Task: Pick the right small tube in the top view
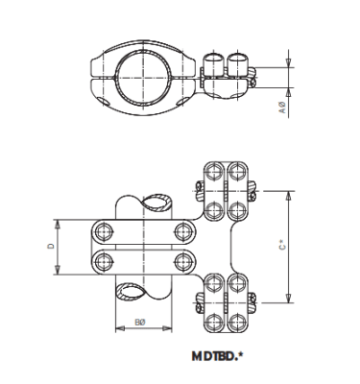233,65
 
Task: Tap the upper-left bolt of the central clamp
102,230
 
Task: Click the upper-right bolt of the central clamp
181,230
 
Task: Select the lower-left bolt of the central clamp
102,262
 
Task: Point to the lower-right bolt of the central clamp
181,262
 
